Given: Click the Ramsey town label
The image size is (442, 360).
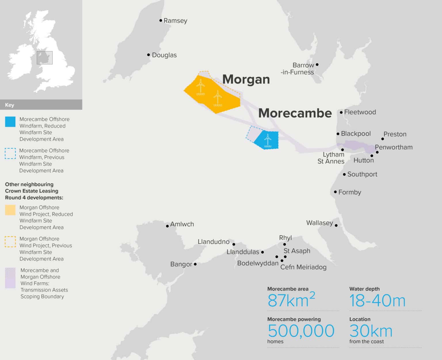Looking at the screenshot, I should (175, 21).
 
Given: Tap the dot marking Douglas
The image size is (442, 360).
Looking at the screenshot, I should (148, 55).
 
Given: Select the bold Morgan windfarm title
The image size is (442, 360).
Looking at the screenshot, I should (246, 79).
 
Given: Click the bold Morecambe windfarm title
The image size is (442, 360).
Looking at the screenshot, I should (295, 113).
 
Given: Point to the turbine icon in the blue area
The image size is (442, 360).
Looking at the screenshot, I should (268, 141).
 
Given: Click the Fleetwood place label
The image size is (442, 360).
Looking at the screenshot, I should (360, 112).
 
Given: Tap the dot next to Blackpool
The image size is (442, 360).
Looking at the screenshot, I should (338, 134).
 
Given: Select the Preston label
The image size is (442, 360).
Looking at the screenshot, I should (395, 134).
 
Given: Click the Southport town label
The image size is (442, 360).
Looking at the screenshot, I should (362, 174).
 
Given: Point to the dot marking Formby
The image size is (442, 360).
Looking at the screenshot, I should (335, 192).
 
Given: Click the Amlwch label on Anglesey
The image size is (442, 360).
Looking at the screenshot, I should (182, 224).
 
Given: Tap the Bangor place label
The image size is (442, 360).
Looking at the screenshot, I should (181, 264).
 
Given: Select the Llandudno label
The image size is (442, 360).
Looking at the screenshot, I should (214, 242).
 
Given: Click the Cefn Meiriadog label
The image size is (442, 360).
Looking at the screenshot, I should (303, 267).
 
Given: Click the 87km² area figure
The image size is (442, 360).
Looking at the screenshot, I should (291, 300).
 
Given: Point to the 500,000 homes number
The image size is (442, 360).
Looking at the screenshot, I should (301, 331).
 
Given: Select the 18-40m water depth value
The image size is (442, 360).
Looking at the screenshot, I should (377, 301).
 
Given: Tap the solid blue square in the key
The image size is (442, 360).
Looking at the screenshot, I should (10, 122).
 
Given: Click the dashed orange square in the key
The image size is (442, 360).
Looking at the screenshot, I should (10, 242).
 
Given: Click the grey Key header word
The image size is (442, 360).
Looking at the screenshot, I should (9, 105).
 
